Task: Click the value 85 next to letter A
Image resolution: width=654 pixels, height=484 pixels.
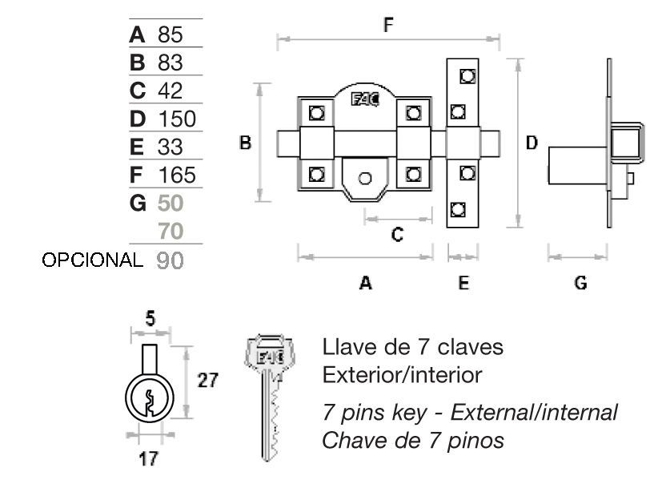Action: (171, 34)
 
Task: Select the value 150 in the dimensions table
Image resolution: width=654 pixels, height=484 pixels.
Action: (177, 119)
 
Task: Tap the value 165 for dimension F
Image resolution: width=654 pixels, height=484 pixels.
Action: (177, 175)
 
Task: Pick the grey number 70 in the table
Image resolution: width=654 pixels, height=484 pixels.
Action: (171, 231)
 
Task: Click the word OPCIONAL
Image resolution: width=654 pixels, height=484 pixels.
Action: (92, 260)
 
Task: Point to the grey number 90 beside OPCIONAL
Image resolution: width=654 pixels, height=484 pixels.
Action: (171, 260)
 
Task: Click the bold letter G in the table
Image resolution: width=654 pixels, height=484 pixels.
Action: (138, 203)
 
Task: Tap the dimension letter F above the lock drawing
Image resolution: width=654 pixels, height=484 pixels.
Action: (388, 25)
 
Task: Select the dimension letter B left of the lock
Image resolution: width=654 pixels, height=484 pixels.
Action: (245, 143)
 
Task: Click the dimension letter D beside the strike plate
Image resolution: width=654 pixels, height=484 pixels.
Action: (532, 143)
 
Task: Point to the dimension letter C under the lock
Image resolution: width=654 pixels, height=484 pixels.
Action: (398, 234)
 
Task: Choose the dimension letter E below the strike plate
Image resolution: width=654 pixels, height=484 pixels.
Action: (463, 283)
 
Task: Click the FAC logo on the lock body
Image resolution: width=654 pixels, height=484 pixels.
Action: (365, 99)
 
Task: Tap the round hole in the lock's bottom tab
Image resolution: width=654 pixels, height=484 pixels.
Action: (365, 179)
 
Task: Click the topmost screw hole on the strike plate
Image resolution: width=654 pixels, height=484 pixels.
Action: (467, 76)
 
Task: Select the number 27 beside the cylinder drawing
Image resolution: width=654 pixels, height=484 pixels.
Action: (207, 381)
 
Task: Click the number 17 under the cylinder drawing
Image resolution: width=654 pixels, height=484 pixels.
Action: (148, 458)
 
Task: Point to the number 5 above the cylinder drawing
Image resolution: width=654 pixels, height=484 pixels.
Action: (150, 319)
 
